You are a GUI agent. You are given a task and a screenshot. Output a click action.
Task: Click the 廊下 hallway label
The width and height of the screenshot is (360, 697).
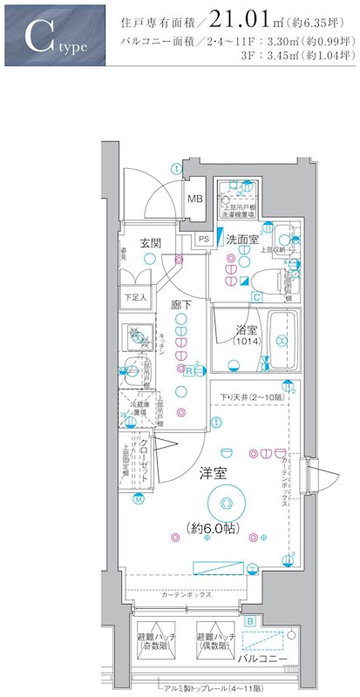click(180, 305)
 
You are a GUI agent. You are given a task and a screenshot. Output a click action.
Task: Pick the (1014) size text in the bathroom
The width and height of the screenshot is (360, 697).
click(247, 342)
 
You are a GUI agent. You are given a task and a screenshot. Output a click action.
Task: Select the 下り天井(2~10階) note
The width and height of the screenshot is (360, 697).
click(253, 398)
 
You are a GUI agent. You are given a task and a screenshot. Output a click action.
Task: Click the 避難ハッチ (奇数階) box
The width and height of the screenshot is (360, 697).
click(156, 641)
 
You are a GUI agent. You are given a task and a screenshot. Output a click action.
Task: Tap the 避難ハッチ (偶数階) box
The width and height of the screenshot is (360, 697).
click(214, 641)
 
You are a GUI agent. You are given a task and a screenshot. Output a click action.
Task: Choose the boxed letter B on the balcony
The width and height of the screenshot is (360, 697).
click(250, 621)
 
